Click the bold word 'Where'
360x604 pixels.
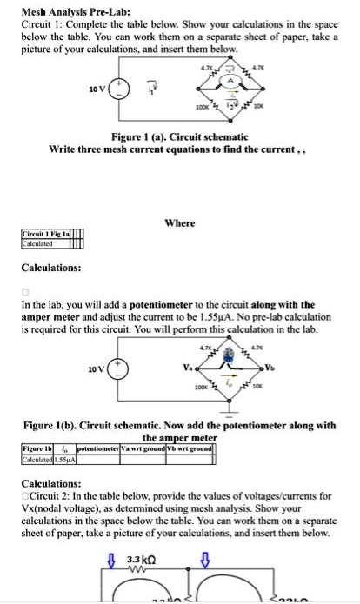[179, 223]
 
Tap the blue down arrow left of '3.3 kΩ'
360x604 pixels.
[110, 561]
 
